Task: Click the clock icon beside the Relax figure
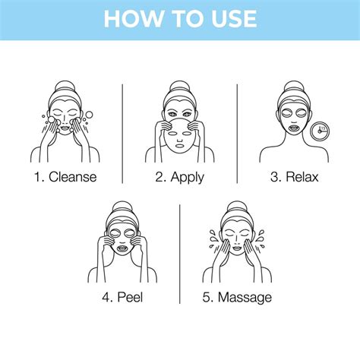(x=320, y=129)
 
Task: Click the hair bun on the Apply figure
(x=180, y=87)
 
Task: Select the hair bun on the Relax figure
(x=293, y=87)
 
